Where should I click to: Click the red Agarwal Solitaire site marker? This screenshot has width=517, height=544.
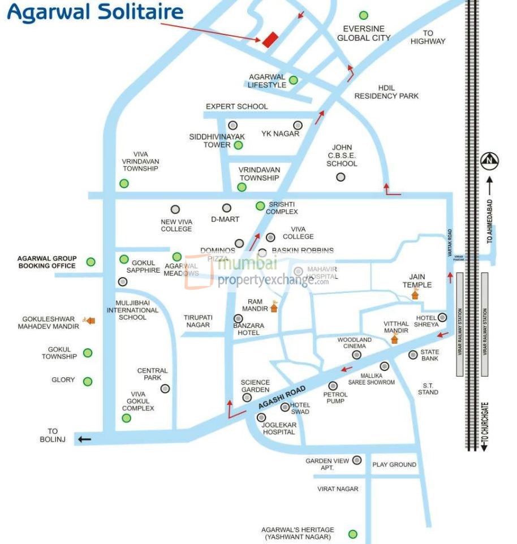point(270,39)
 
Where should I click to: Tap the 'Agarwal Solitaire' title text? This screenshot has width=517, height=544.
point(95,12)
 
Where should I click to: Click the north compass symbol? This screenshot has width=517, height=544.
point(490,161)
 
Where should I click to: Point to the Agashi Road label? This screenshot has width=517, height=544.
point(282,398)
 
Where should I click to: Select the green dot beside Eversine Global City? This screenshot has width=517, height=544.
point(363,15)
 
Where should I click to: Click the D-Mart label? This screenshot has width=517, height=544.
point(225,219)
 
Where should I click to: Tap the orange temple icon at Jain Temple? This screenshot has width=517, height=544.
point(415,294)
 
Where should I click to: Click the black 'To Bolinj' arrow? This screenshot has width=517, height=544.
point(84,439)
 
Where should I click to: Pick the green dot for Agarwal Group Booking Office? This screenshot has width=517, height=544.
point(91,262)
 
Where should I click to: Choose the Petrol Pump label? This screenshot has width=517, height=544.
point(334,397)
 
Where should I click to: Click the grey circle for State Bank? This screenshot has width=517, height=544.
point(413,355)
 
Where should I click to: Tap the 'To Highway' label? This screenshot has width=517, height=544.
point(428,37)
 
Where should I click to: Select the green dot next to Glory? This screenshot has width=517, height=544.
point(88,382)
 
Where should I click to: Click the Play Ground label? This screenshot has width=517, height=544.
point(394,464)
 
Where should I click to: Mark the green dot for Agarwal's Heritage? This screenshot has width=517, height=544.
point(353,534)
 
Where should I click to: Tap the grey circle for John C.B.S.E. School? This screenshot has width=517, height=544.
point(341,177)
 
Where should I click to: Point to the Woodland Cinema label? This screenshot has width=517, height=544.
point(354,343)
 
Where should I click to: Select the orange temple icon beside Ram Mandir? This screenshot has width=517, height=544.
point(274,308)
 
